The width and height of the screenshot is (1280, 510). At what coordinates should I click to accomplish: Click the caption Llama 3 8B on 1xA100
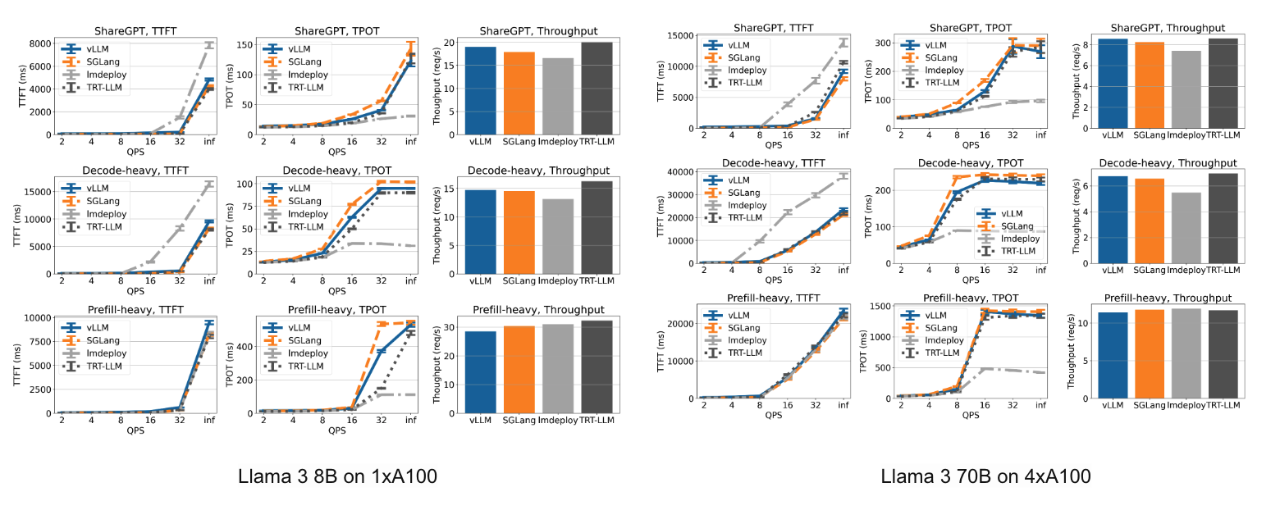pyautogui.click(x=336, y=476)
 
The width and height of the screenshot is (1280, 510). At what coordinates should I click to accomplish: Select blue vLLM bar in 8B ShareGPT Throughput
pyautogui.click(x=482, y=90)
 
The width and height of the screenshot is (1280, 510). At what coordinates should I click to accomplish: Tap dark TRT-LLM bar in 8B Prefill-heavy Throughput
pyautogui.click(x=597, y=366)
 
